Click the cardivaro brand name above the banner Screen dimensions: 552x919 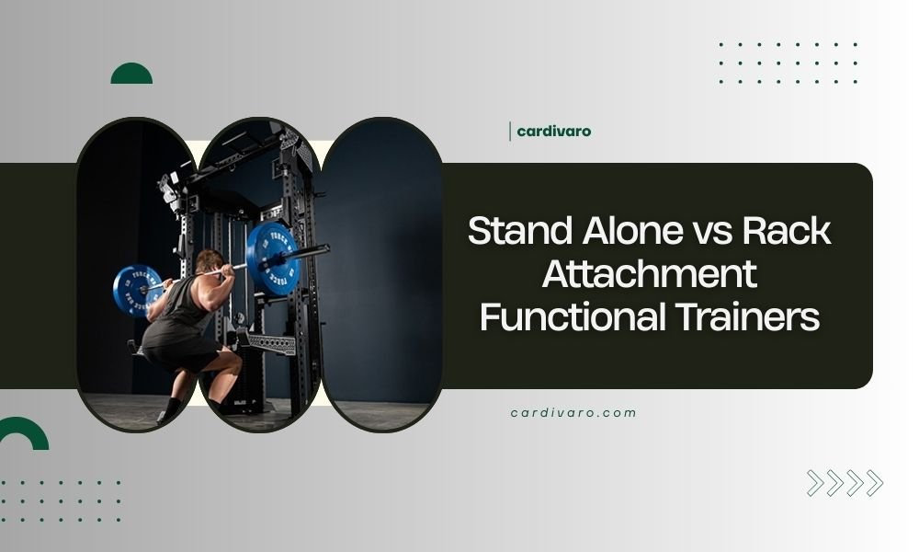coord(553,132)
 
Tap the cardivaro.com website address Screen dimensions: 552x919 coord(573,413)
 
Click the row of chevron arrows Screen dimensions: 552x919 coord(845,483)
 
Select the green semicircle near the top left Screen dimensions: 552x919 coord(131,75)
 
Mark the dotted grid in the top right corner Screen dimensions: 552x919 coord(789,63)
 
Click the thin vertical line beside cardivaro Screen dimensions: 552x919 coord(510,132)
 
